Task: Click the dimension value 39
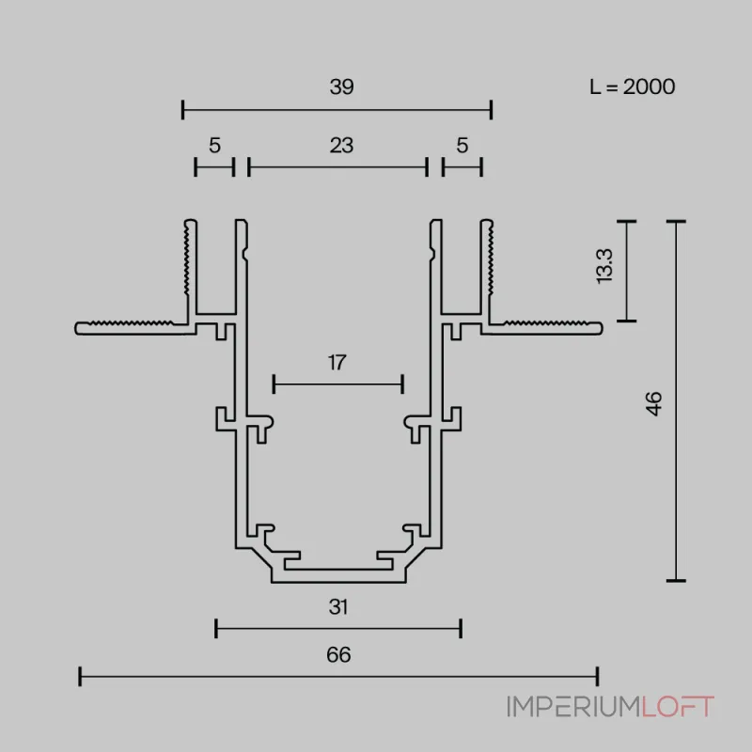click(341, 86)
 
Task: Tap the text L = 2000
click(632, 86)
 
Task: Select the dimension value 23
click(341, 146)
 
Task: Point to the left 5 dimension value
click(215, 146)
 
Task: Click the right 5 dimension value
click(462, 146)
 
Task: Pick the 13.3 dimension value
click(603, 266)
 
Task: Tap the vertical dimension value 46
click(653, 403)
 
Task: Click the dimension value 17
click(337, 363)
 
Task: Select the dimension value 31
click(338, 607)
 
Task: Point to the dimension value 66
click(338, 655)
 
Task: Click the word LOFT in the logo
click(678, 707)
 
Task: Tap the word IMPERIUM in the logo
click(574, 707)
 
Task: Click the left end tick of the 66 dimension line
click(80, 676)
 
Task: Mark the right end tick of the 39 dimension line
click(491, 110)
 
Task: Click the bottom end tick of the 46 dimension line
click(676, 581)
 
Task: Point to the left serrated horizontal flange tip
click(76, 328)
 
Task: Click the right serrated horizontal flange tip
click(602, 328)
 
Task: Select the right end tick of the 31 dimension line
click(461, 628)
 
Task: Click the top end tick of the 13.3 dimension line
click(626, 222)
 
